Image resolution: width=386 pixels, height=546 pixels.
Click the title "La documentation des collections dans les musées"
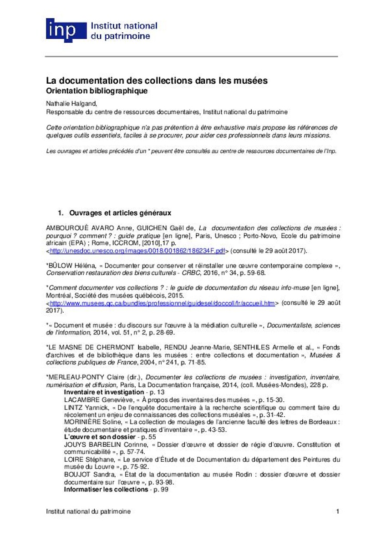(x=157, y=81)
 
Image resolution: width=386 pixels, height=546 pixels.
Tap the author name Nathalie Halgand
(x=71, y=103)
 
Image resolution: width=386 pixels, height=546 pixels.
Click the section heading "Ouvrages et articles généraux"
(x=120, y=212)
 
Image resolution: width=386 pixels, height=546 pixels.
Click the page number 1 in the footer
(x=338, y=511)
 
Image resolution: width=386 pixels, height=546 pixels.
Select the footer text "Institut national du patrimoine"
(x=88, y=511)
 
